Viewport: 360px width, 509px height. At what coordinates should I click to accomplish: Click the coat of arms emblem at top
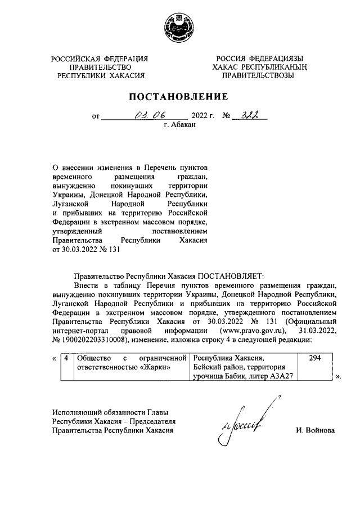[179, 28]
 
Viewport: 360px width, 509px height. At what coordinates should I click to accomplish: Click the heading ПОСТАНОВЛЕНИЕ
[179, 96]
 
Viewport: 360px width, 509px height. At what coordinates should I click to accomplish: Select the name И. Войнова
[316, 430]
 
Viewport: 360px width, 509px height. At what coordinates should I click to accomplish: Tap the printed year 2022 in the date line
[200, 116]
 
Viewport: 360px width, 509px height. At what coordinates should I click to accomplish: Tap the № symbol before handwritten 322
[227, 116]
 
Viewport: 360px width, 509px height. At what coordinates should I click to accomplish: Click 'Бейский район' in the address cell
[218, 367]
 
